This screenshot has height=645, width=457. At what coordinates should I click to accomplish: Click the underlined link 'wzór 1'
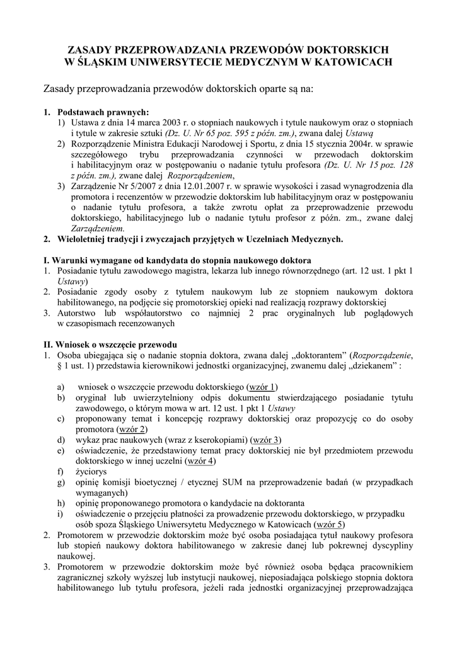[x=263, y=386]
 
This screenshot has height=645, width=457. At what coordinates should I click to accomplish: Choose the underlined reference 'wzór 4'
[x=201, y=460]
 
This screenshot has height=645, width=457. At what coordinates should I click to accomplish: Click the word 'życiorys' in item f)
[x=91, y=471]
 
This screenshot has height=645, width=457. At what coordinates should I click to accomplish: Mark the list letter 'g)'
[x=61, y=482]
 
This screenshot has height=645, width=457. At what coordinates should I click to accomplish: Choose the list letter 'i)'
[x=60, y=513]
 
